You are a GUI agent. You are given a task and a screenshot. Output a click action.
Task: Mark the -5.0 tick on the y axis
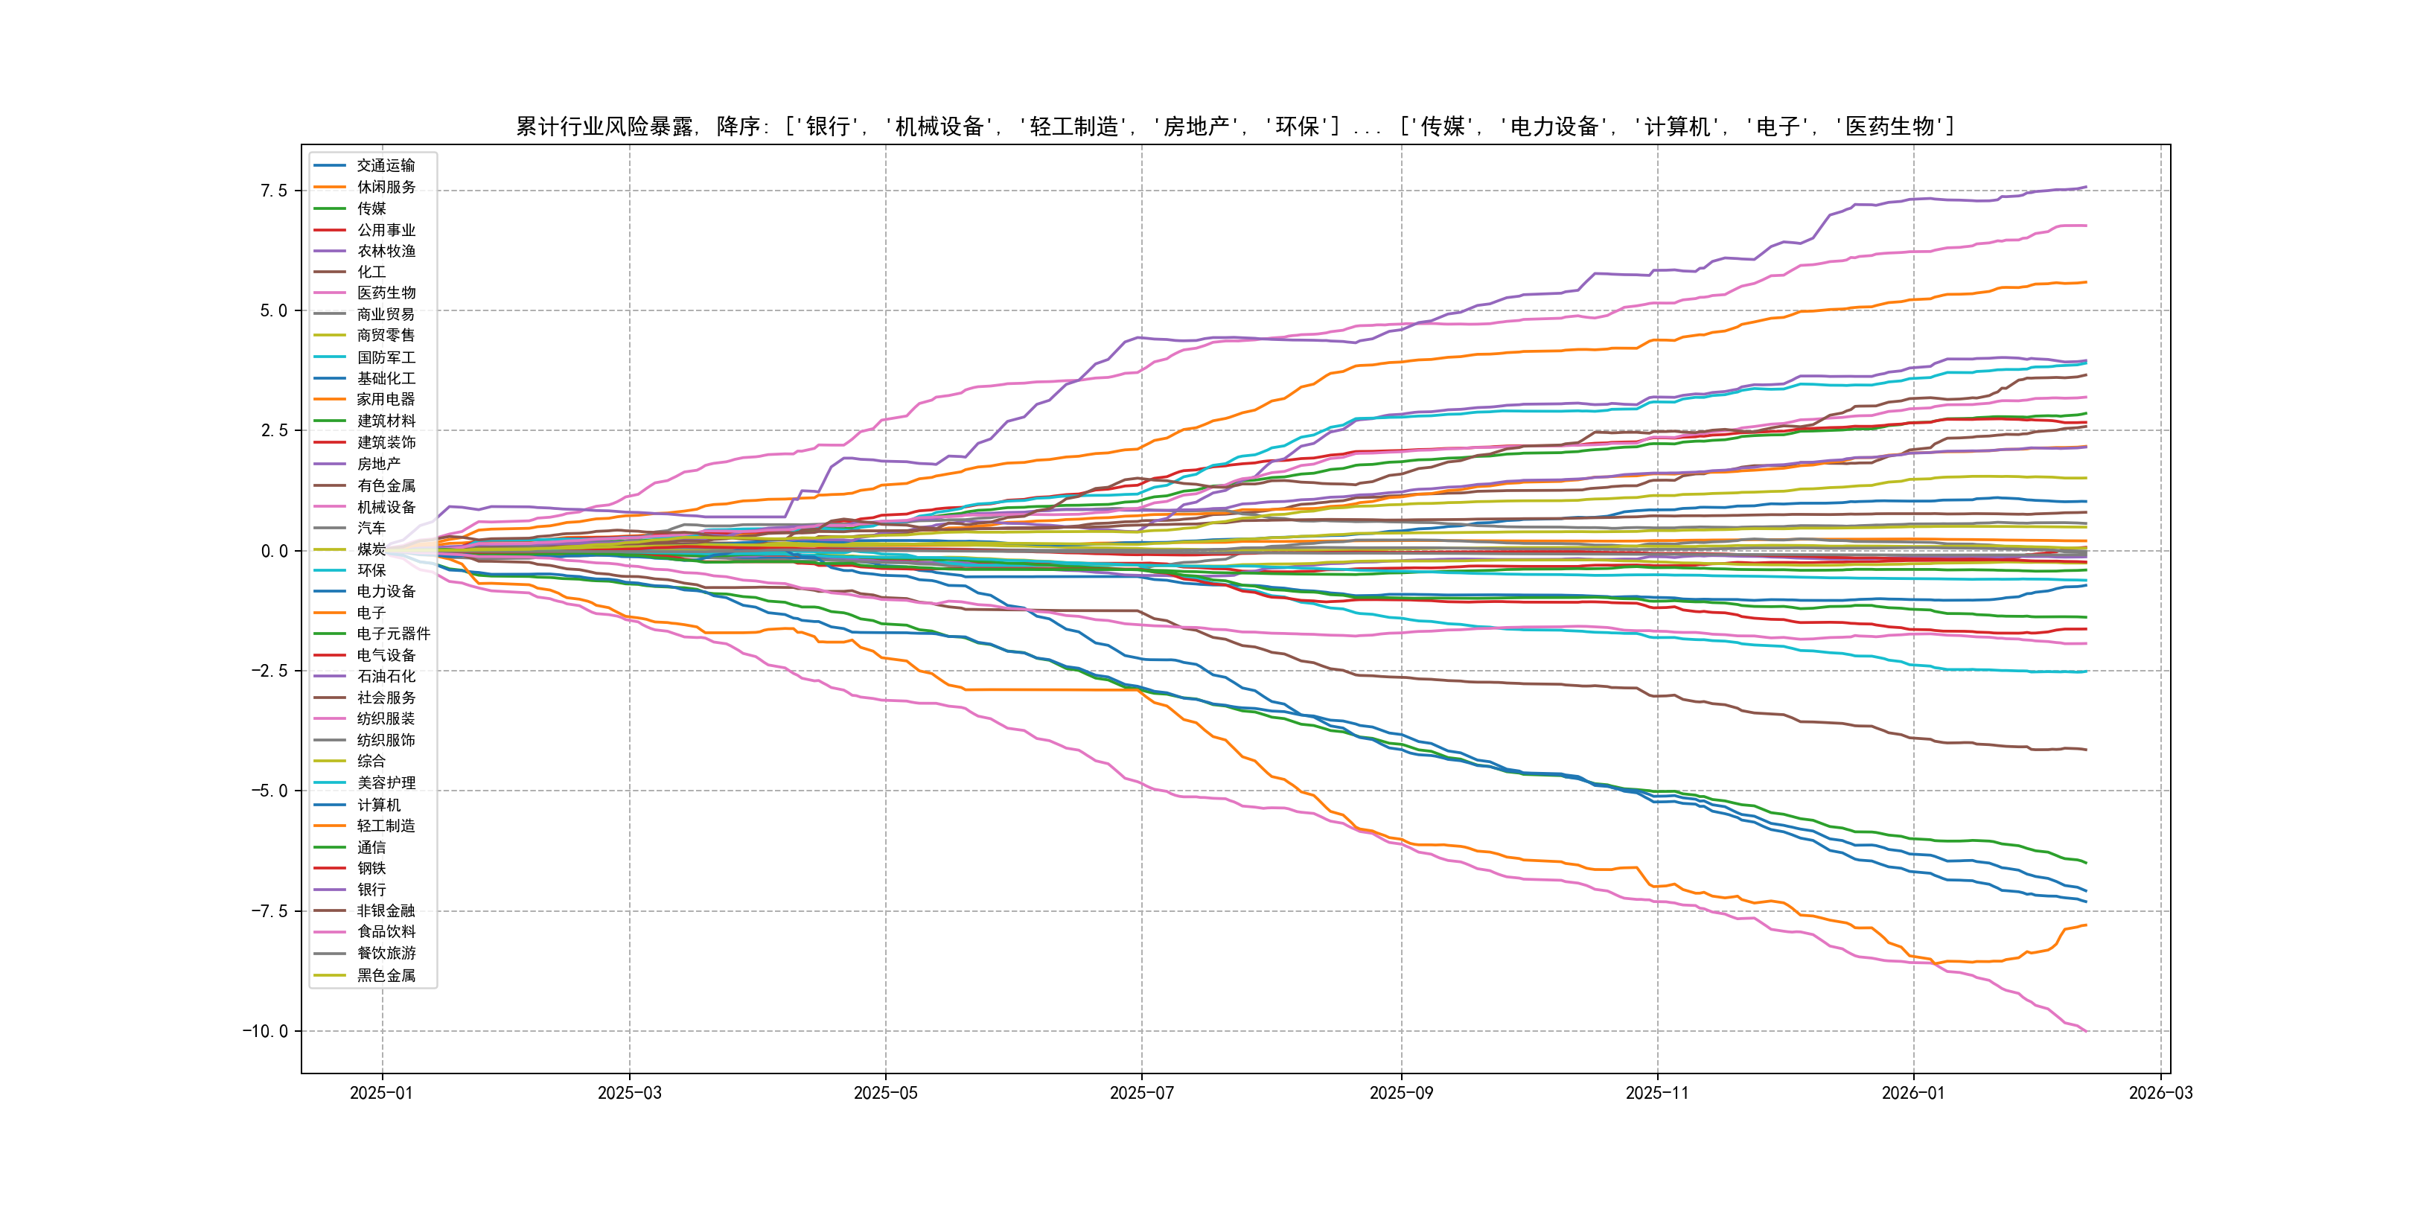(x=269, y=791)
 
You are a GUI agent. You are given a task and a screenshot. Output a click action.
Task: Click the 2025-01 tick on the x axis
(x=381, y=1093)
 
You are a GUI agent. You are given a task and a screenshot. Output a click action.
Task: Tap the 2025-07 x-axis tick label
(x=1141, y=1093)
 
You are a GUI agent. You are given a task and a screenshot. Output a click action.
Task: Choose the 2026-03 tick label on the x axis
(x=2160, y=1093)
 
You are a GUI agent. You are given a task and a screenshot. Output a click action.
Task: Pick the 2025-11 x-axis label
(x=1657, y=1093)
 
